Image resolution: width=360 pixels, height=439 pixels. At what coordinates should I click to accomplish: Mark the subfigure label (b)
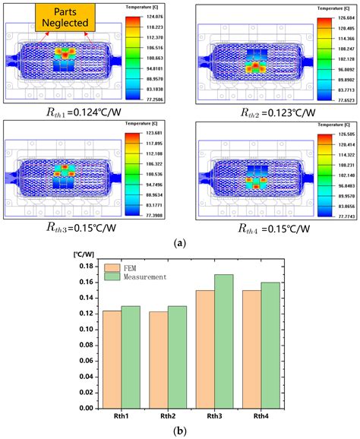click(x=179, y=431)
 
